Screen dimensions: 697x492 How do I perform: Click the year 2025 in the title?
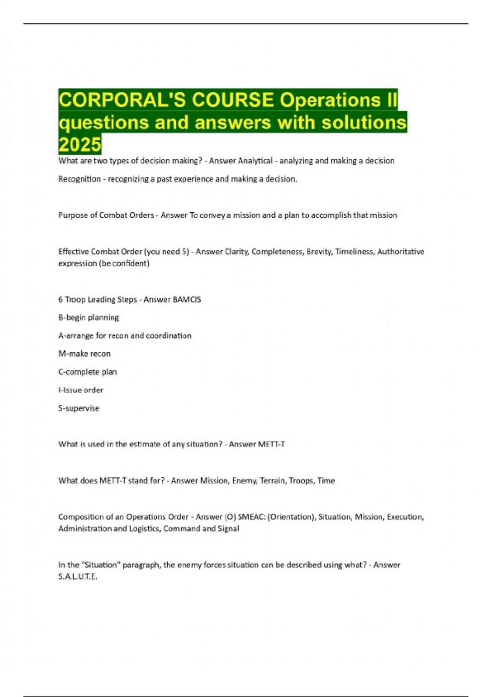coord(80,144)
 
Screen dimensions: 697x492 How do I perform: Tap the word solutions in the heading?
coord(364,122)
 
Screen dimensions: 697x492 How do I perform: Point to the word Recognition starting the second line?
coord(79,179)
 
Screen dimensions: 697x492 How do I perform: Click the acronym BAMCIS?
coord(187,299)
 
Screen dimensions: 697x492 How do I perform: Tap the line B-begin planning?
coord(89,317)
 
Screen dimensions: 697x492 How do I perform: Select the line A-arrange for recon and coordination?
coord(125,335)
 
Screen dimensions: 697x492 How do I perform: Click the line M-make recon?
coord(84,353)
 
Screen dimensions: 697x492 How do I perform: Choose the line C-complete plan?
coord(87,372)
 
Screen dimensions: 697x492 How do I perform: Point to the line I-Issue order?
coord(81,390)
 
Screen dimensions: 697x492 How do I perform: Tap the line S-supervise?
coord(79,408)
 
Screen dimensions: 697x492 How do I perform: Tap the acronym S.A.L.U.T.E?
coord(77,576)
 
